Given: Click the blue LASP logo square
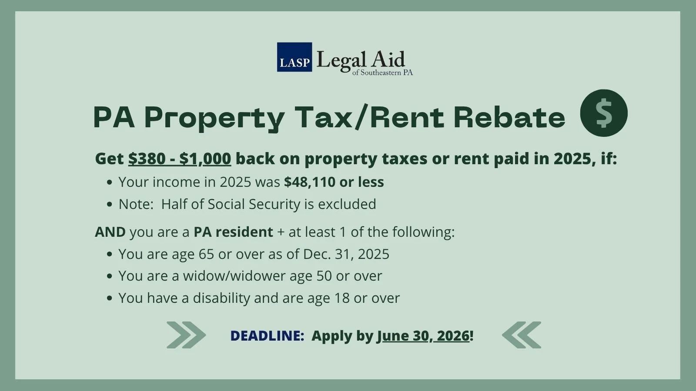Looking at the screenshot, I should pyautogui.click(x=294, y=57).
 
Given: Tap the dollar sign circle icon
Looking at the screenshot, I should pyautogui.click(x=604, y=113).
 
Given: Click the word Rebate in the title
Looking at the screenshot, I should pyautogui.click(x=509, y=117).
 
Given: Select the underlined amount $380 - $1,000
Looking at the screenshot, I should pyautogui.click(x=179, y=159).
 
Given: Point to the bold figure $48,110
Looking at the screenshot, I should pyautogui.click(x=309, y=182).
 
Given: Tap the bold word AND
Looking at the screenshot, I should pyautogui.click(x=110, y=232).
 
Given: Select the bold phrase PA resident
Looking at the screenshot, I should pyautogui.click(x=233, y=232).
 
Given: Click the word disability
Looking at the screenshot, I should pyautogui.click(x=221, y=298).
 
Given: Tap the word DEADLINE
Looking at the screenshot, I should pyautogui.click(x=267, y=336).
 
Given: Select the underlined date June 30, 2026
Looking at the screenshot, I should pyautogui.click(x=423, y=336).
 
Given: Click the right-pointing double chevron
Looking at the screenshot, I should pyautogui.click(x=186, y=335).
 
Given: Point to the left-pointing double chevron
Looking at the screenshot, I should pyautogui.click(x=522, y=335).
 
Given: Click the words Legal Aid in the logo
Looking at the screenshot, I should pyautogui.click(x=361, y=60).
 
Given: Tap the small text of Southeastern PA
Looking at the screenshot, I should pyautogui.click(x=382, y=73).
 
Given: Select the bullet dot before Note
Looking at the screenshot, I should pyautogui.click(x=110, y=205).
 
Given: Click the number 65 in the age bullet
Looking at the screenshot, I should pyautogui.click(x=207, y=254).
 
